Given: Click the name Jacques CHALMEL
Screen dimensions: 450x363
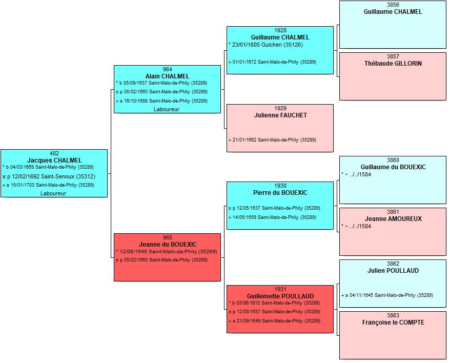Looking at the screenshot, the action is (x=54, y=160).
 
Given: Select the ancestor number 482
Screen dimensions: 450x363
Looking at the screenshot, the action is (x=54, y=153).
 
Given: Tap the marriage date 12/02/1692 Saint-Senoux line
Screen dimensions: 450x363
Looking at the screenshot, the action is (x=49, y=176).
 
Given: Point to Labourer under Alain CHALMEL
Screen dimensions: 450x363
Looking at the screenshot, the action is (x=167, y=109).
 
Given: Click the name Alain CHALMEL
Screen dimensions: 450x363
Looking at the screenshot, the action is (x=167, y=76).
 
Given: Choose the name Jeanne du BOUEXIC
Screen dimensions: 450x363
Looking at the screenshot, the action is (x=168, y=245).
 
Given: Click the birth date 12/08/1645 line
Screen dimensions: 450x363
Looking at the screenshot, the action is (x=167, y=252).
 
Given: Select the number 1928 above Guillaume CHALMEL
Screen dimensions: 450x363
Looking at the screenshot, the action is (x=280, y=30).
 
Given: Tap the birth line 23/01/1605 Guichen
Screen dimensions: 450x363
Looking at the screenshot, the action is (x=266, y=45).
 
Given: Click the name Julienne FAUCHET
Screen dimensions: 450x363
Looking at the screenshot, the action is (x=280, y=115).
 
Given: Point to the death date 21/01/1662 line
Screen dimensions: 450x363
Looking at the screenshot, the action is (x=272, y=140).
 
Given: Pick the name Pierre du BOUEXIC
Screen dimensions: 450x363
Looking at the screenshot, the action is (x=280, y=193).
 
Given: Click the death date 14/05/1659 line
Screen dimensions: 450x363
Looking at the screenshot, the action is (x=272, y=217).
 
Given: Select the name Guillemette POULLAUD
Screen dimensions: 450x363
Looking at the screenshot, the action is (x=280, y=296).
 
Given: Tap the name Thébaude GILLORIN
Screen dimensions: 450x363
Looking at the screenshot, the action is (x=393, y=64).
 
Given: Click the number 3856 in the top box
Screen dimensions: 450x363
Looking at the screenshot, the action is (x=393, y=5).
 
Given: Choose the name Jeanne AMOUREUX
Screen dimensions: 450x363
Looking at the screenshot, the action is (x=393, y=219).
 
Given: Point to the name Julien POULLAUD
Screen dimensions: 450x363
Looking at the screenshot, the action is (x=393, y=271).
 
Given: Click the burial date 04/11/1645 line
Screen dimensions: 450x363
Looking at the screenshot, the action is (x=387, y=295).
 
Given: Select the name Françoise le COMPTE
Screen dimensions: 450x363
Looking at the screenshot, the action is (x=393, y=322).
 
